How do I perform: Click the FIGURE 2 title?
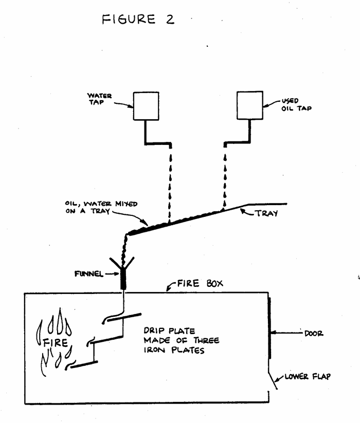pyautogui.click(x=138, y=19)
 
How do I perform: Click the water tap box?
pyautogui.click(x=146, y=106)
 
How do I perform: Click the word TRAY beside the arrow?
pyautogui.click(x=267, y=213)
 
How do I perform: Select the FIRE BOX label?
pyautogui.click(x=193, y=283)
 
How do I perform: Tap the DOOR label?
pyautogui.click(x=314, y=334)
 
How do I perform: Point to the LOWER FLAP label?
pyautogui.click(x=308, y=377)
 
